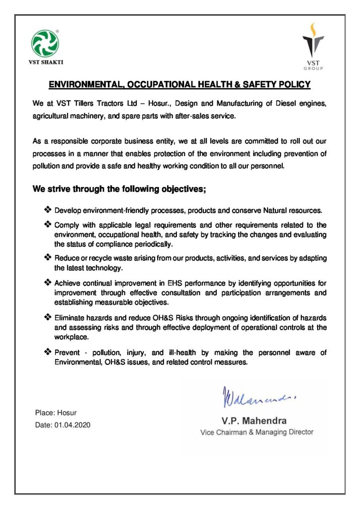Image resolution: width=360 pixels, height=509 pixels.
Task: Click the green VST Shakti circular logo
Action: [45, 43]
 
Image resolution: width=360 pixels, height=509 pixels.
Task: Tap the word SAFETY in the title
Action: [261, 85]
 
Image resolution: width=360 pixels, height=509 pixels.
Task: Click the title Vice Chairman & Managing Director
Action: [257, 432]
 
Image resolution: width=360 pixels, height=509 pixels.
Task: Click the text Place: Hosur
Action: [56, 413]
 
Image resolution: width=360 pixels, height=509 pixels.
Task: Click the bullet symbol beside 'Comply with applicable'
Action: [48, 225]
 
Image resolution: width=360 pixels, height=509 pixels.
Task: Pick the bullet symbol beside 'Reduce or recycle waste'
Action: [48, 257]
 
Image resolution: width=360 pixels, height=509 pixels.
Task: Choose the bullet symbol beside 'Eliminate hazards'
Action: [48, 317]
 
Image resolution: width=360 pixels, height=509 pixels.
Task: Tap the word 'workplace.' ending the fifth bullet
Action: [72, 337]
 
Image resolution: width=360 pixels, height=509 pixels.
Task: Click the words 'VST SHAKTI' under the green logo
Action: [45, 62]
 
